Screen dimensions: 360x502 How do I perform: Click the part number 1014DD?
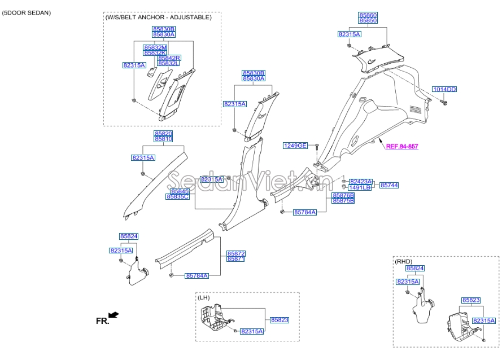point(444,89)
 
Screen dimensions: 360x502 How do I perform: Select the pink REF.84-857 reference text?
point(402,146)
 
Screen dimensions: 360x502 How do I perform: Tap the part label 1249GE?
point(295,146)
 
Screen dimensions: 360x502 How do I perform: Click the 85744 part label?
point(389,185)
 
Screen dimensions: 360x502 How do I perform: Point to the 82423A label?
point(360,181)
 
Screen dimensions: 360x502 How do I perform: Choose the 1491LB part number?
point(360,187)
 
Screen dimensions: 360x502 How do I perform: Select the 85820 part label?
point(163,133)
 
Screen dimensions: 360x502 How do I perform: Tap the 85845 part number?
point(180,191)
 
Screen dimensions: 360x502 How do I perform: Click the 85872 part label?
point(235,253)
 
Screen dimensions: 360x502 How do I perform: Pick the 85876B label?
point(343,195)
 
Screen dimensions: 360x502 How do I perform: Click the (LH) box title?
point(204,297)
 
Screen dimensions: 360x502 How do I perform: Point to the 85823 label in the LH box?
point(279,320)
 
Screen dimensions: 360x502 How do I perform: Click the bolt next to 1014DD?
point(442,103)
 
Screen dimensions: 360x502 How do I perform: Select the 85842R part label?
point(169,58)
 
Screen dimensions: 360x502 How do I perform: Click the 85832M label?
point(155,47)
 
